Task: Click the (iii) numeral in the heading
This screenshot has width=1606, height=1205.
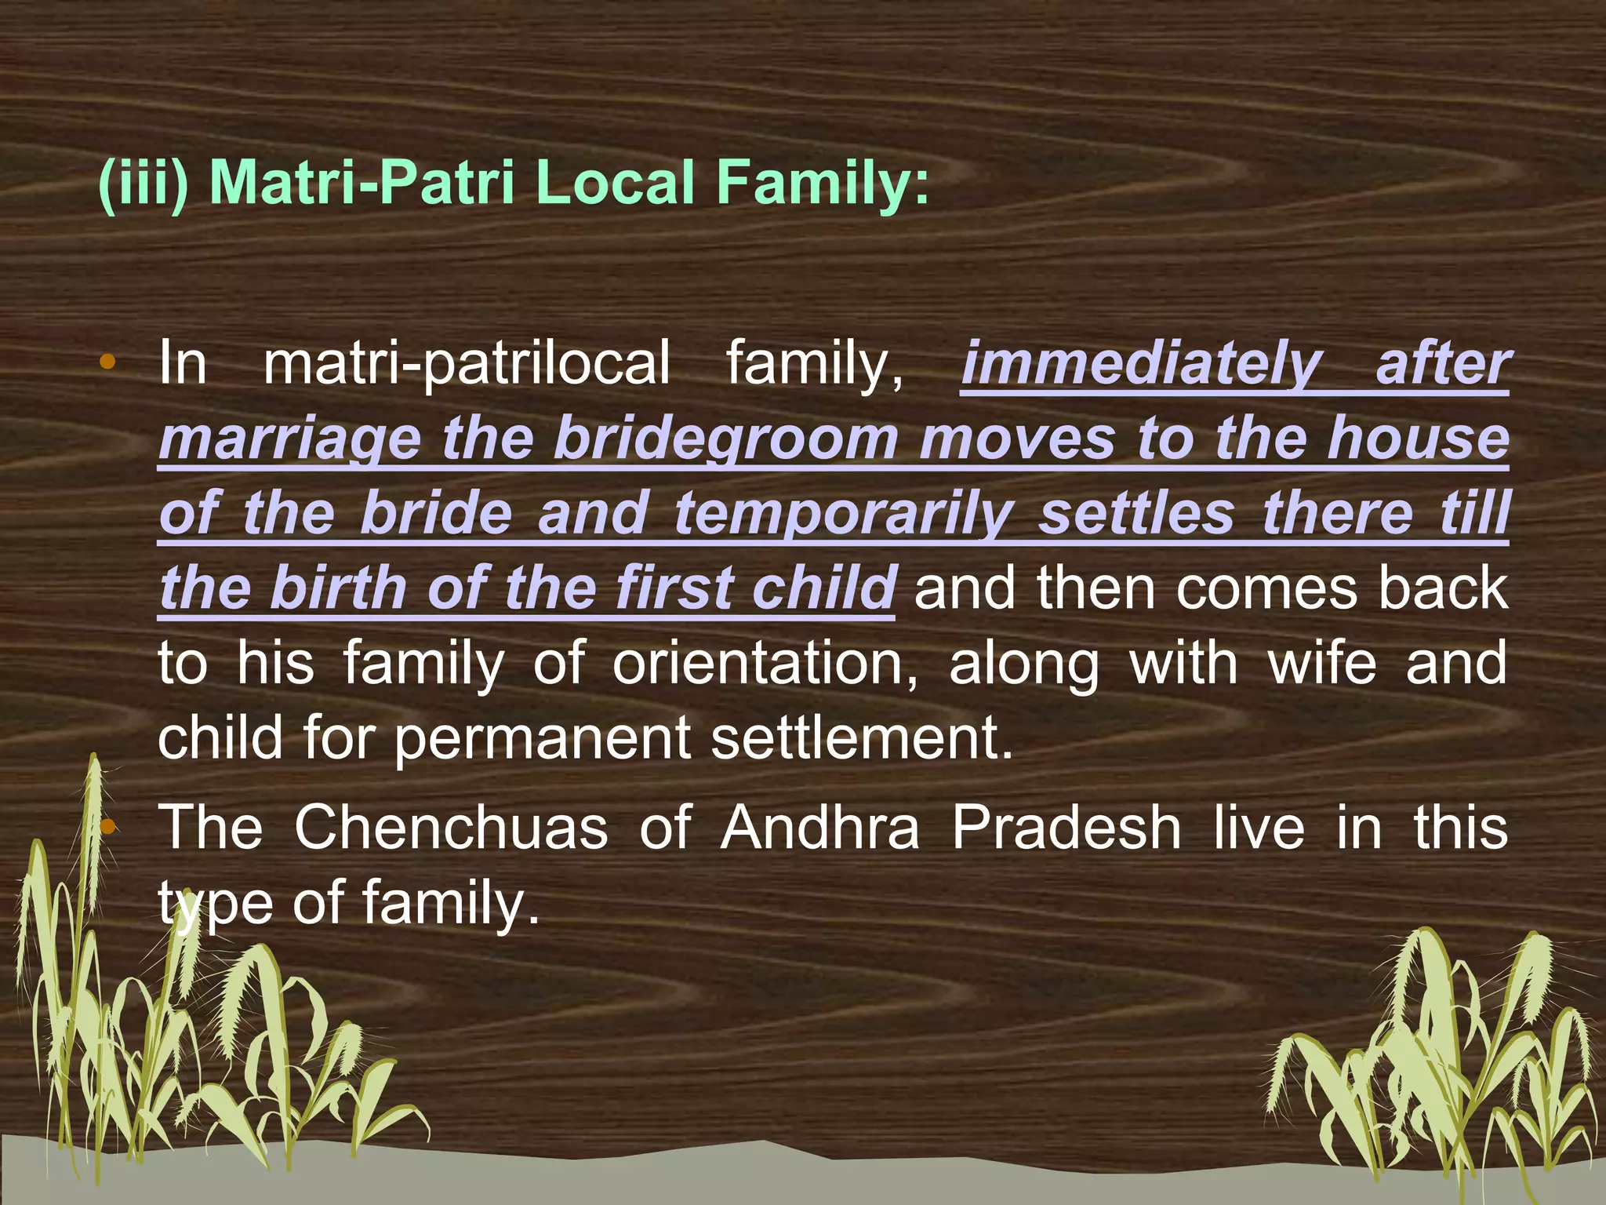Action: (143, 184)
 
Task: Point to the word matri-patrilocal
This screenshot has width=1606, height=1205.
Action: (467, 364)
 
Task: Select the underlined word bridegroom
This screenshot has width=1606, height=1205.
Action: (725, 439)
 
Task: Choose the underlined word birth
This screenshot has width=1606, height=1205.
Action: (337, 588)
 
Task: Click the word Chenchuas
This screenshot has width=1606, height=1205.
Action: (451, 828)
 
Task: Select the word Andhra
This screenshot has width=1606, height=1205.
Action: (819, 828)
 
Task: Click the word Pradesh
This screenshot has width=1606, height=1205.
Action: (1066, 828)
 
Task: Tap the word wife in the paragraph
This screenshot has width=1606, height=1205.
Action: (1322, 664)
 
